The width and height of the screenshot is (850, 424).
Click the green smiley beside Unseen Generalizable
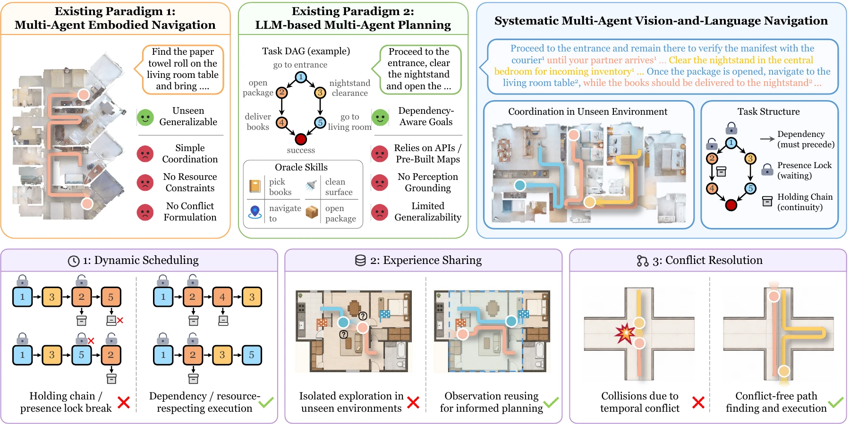145,117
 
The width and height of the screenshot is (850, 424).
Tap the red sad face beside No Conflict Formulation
145,212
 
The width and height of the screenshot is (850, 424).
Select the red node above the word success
301,139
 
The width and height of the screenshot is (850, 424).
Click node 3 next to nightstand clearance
320,93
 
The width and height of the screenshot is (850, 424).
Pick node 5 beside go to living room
320,123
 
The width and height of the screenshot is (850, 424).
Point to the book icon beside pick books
255,186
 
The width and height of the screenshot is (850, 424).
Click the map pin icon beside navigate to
255,212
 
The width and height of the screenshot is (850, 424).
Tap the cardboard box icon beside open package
312,212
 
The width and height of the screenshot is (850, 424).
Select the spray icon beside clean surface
311,186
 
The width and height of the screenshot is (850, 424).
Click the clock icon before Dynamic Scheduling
74,261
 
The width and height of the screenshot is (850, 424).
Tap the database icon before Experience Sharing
360,261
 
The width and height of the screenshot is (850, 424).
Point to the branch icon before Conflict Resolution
643,261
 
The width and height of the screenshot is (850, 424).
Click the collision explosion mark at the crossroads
625,333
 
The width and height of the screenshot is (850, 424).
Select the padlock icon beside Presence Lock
767,170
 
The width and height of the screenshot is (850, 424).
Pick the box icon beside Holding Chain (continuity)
767,201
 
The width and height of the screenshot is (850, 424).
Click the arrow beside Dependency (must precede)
767,139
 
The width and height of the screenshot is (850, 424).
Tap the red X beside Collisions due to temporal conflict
698,402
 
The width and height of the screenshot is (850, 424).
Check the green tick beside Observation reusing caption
551,402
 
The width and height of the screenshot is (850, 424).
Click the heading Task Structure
769,111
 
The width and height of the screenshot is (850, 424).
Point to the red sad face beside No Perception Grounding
380,183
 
